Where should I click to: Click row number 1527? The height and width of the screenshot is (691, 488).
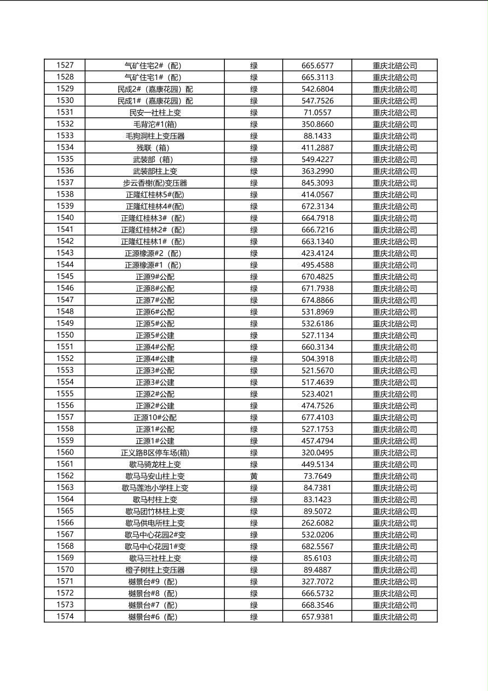point(65,65)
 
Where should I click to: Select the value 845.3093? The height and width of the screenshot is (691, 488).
point(317,183)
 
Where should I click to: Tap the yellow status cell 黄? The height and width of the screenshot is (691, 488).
point(254,476)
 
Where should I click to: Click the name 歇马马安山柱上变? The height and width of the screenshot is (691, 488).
point(155,476)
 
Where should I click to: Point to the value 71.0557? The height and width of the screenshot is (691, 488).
point(317,112)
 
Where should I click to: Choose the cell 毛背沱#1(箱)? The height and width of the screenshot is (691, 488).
point(155,124)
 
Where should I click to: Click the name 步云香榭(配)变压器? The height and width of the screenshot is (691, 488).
point(155,183)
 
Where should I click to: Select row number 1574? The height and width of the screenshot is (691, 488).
point(65,617)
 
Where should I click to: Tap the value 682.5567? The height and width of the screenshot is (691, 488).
point(317,546)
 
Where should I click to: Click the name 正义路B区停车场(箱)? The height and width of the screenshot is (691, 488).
point(155,452)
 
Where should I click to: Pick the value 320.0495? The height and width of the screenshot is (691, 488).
point(317,452)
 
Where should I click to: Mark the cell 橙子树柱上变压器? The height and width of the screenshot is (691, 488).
point(155,570)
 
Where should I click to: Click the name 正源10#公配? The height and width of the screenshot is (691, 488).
point(155,417)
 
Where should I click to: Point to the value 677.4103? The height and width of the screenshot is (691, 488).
point(317,417)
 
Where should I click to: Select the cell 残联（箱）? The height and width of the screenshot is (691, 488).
point(155,148)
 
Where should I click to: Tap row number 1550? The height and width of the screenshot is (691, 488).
point(65,335)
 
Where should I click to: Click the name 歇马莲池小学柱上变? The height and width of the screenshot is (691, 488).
point(155,488)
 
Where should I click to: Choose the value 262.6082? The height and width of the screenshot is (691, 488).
point(317,523)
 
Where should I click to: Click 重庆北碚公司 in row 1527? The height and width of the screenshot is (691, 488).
point(394,65)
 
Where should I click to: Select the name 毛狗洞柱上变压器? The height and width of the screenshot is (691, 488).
point(155,136)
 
